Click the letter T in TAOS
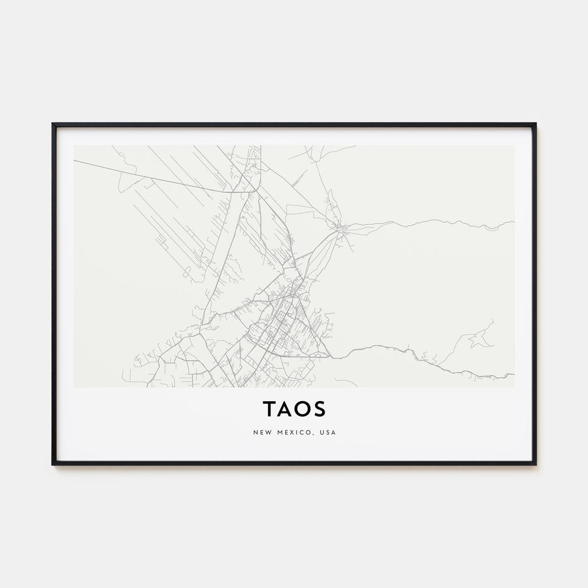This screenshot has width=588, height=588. pos(269,409)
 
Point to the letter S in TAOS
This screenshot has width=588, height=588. pos(319,409)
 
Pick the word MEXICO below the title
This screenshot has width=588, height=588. pos(293,433)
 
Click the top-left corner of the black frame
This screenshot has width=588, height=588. pos(53,124)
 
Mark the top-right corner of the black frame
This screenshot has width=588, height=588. pos(535,124)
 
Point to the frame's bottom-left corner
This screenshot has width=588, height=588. pos(53,464)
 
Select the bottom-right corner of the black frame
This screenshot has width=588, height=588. pos(535,464)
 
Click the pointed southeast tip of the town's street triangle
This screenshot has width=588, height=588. pos(330,357)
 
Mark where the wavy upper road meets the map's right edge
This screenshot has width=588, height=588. pos(514,222)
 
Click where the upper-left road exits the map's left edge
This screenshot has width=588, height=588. pos(74,160)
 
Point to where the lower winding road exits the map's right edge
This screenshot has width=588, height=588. pos(514,375)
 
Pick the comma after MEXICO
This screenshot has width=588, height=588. pos(313,434)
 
